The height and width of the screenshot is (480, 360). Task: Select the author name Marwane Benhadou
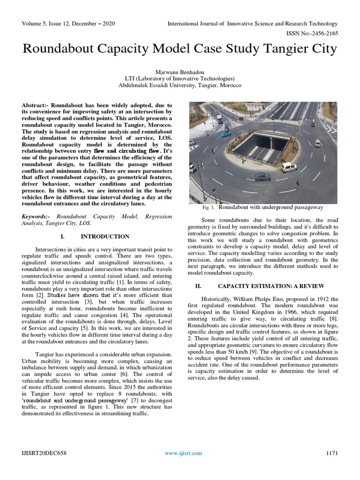[x=180, y=72]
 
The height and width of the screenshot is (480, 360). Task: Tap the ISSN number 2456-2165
[x=321, y=33]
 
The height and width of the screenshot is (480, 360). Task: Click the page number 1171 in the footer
[x=331, y=453]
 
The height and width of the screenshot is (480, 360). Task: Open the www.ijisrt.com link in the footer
[x=183, y=453]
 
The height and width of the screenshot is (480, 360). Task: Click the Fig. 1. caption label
[x=208, y=207]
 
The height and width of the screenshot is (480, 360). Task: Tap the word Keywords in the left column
[x=37, y=216]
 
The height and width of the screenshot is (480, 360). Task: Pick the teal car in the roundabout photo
[x=226, y=134]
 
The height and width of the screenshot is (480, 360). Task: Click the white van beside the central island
[x=289, y=167]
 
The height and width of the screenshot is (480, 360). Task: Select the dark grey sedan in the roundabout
[x=262, y=177]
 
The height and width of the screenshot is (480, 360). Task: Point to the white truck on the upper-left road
[x=220, y=119]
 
